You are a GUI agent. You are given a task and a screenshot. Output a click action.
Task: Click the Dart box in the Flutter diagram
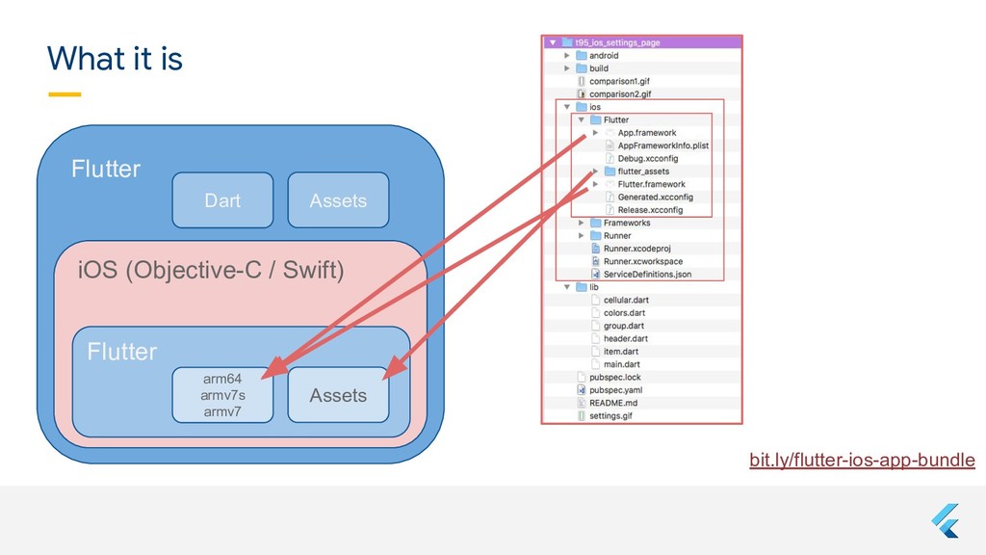pos(222,200)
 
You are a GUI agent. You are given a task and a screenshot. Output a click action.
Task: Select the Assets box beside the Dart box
pos(338,200)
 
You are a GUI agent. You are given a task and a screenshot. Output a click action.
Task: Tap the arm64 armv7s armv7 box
pos(222,395)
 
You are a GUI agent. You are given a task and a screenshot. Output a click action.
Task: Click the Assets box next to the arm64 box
pos(338,395)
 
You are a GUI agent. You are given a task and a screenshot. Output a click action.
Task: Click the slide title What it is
pos(115,60)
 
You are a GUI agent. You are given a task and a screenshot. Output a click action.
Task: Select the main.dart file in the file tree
pos(621,364)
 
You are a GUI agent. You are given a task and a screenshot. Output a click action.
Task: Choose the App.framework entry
pos(646,133)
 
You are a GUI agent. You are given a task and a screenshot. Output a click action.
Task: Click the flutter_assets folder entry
pos(643,172)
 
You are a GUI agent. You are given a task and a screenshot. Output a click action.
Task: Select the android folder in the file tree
pos(604,56)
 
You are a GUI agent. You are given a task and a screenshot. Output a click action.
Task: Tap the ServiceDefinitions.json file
pos(647,275)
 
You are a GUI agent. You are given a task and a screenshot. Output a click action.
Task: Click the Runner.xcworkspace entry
pos(642,261)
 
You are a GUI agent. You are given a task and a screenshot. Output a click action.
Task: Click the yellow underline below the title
pos(65,94)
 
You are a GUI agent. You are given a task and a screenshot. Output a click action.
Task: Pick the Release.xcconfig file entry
pos(649,210)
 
